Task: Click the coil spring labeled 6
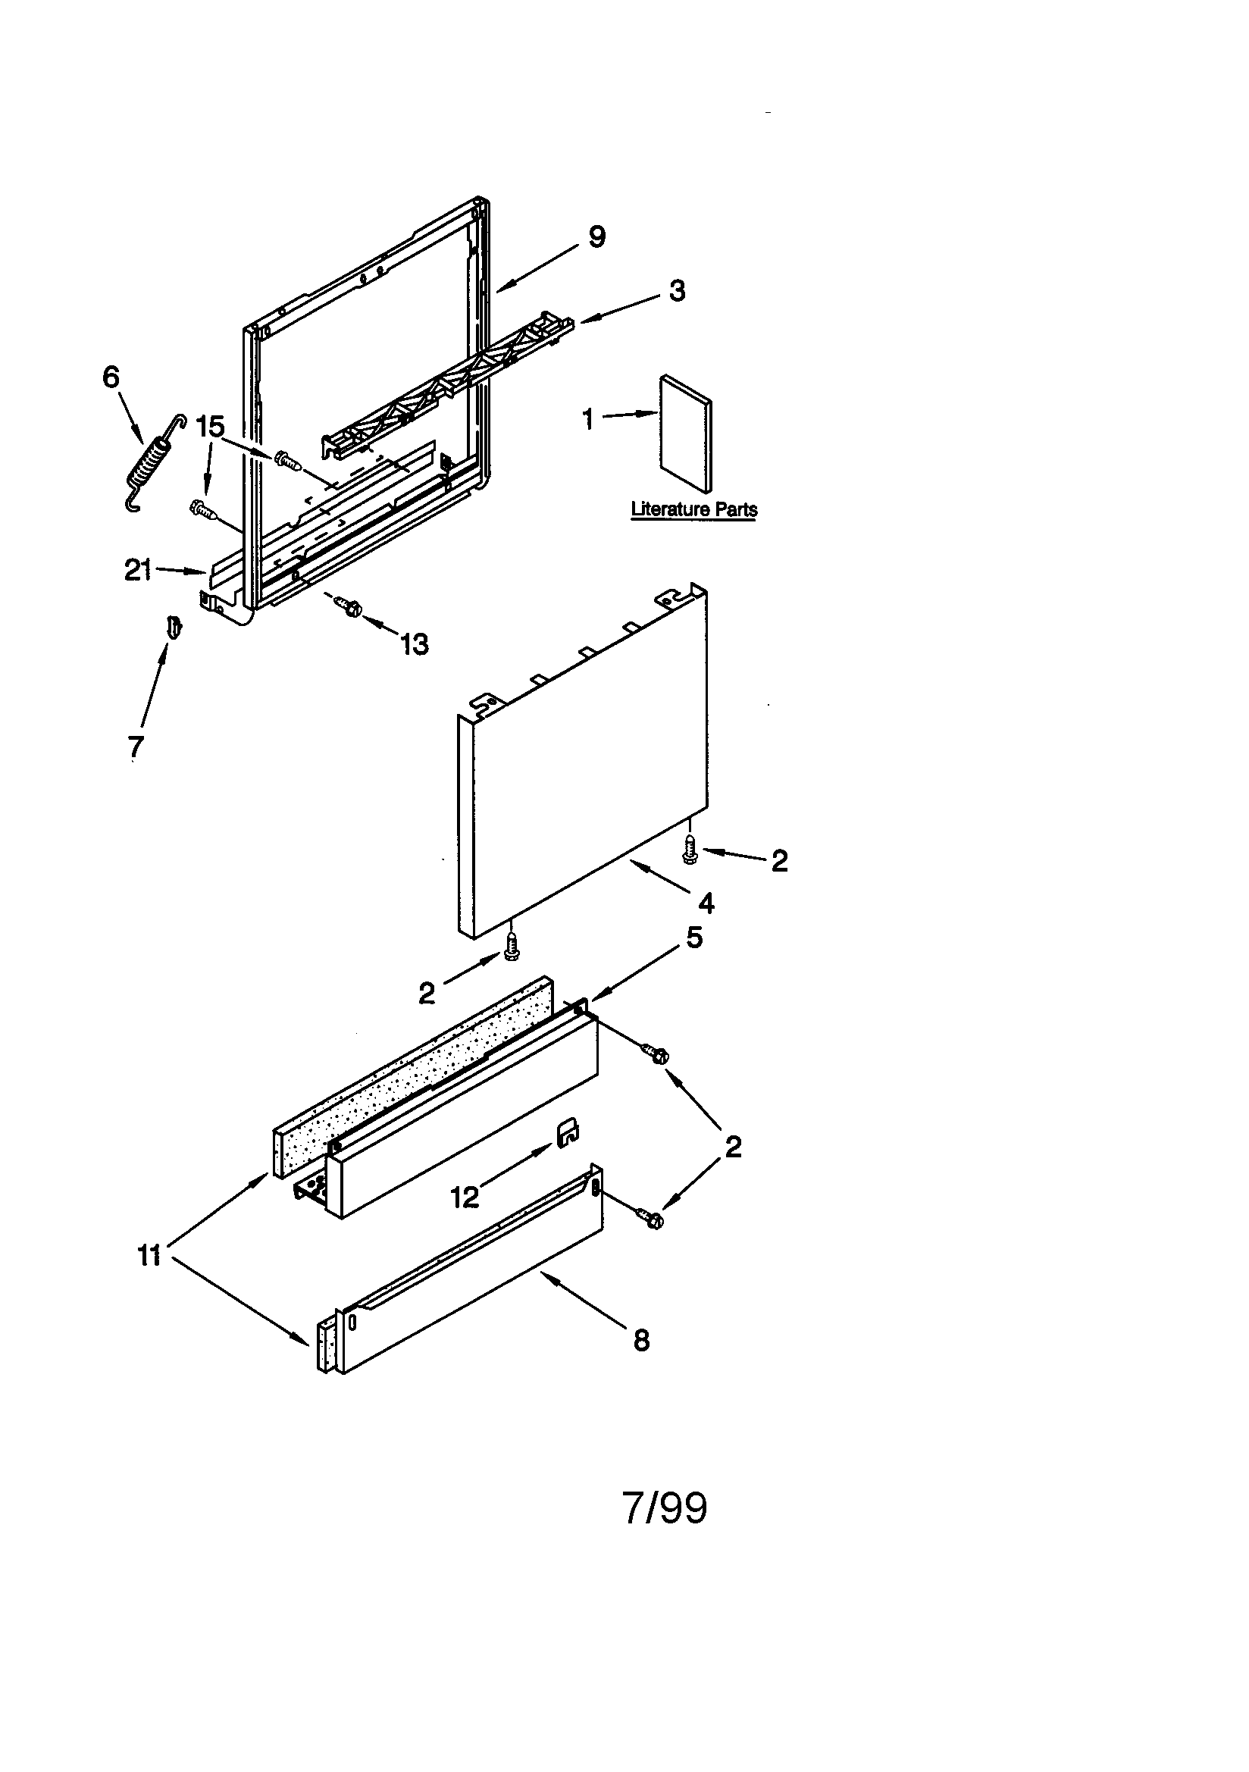155,462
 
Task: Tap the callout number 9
596,237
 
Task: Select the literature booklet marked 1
685,434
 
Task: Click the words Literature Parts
693,509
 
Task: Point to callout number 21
137,571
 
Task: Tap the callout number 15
209,427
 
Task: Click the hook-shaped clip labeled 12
570,1132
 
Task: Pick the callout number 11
149,1256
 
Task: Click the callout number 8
641,1341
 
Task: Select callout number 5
694,938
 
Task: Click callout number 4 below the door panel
706,903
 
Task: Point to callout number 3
676,291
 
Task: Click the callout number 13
415,643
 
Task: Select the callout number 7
135,747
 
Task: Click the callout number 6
111,377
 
